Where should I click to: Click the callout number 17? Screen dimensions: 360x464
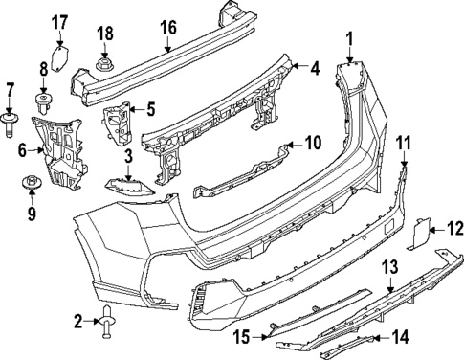59,22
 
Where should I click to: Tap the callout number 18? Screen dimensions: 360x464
105,37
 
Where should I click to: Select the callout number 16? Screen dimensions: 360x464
168,28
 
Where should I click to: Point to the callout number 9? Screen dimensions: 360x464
32,214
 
